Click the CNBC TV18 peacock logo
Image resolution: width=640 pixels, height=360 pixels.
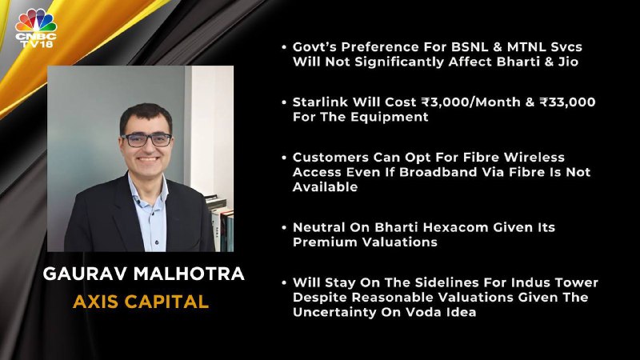(36, 28)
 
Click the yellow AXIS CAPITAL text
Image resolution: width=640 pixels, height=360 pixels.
(141, 302)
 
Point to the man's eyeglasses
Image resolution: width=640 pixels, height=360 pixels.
(146, 140)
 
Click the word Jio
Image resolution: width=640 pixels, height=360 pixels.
(568, 62)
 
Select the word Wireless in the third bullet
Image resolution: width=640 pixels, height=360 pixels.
(534, 157)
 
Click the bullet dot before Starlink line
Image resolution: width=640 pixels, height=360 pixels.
(284, 102)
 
